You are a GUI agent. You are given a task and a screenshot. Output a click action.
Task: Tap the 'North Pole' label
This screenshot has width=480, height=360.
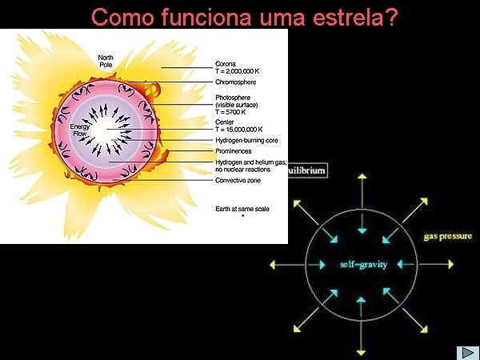tap(106, 61)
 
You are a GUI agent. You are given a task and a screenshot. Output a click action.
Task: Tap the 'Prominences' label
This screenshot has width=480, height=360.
tap(234, 150)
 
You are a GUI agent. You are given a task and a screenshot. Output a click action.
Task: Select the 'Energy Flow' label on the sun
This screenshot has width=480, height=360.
tap(79, 130)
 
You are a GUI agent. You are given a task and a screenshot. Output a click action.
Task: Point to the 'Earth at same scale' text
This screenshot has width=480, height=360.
tap(242, 209)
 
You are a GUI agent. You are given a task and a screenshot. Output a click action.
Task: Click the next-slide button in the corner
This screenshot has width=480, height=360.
tap(466, 352)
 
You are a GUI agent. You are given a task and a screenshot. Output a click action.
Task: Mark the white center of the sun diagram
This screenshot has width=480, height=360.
tap(107, 128)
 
